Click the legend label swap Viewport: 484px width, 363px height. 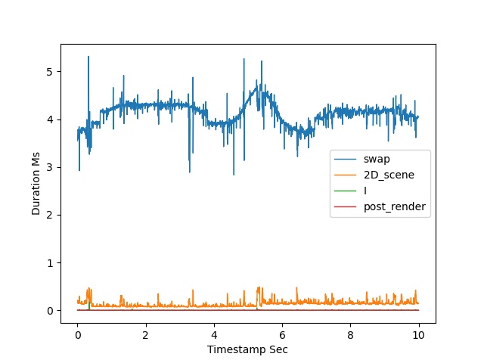pos(377,160)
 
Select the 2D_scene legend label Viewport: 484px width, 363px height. pos(389,175)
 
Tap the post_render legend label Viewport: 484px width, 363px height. pos(395,206)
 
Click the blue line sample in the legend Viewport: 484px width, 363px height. pos(345,160)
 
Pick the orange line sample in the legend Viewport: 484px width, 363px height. pos(345,175)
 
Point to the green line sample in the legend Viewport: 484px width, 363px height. pos(345,191)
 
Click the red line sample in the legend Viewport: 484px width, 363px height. pos(345,206)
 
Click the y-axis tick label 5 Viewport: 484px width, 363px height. pos(49,72)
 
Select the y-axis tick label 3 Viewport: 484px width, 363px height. pos(49,168)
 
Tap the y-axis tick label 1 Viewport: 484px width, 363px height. pos(49,263)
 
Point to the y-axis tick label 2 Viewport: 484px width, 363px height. pos(49,216)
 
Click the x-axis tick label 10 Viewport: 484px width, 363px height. pos(418,335)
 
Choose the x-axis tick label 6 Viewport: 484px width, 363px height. pos(282,335)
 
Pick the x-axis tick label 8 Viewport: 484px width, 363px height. pos(350,335)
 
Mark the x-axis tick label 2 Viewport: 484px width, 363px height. pos(146,335)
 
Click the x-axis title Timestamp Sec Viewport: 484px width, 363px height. pos(247,349)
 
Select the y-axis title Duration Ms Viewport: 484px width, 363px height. pos(36,183)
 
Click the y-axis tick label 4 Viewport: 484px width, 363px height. pos(49,119)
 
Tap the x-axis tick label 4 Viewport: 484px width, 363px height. pos(214,335)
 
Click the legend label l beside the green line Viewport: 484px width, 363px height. pos(365,191)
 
